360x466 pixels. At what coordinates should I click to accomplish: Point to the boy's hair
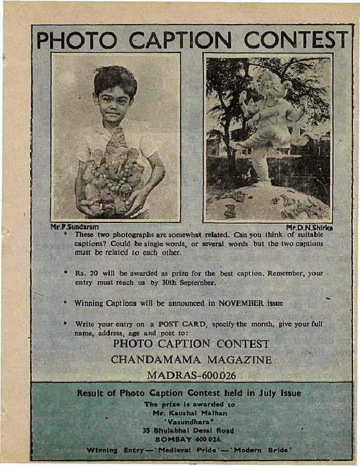point(115,79)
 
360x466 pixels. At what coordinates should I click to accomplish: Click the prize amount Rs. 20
point(87,274)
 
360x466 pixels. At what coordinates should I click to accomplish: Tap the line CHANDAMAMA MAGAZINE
point(191,360)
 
